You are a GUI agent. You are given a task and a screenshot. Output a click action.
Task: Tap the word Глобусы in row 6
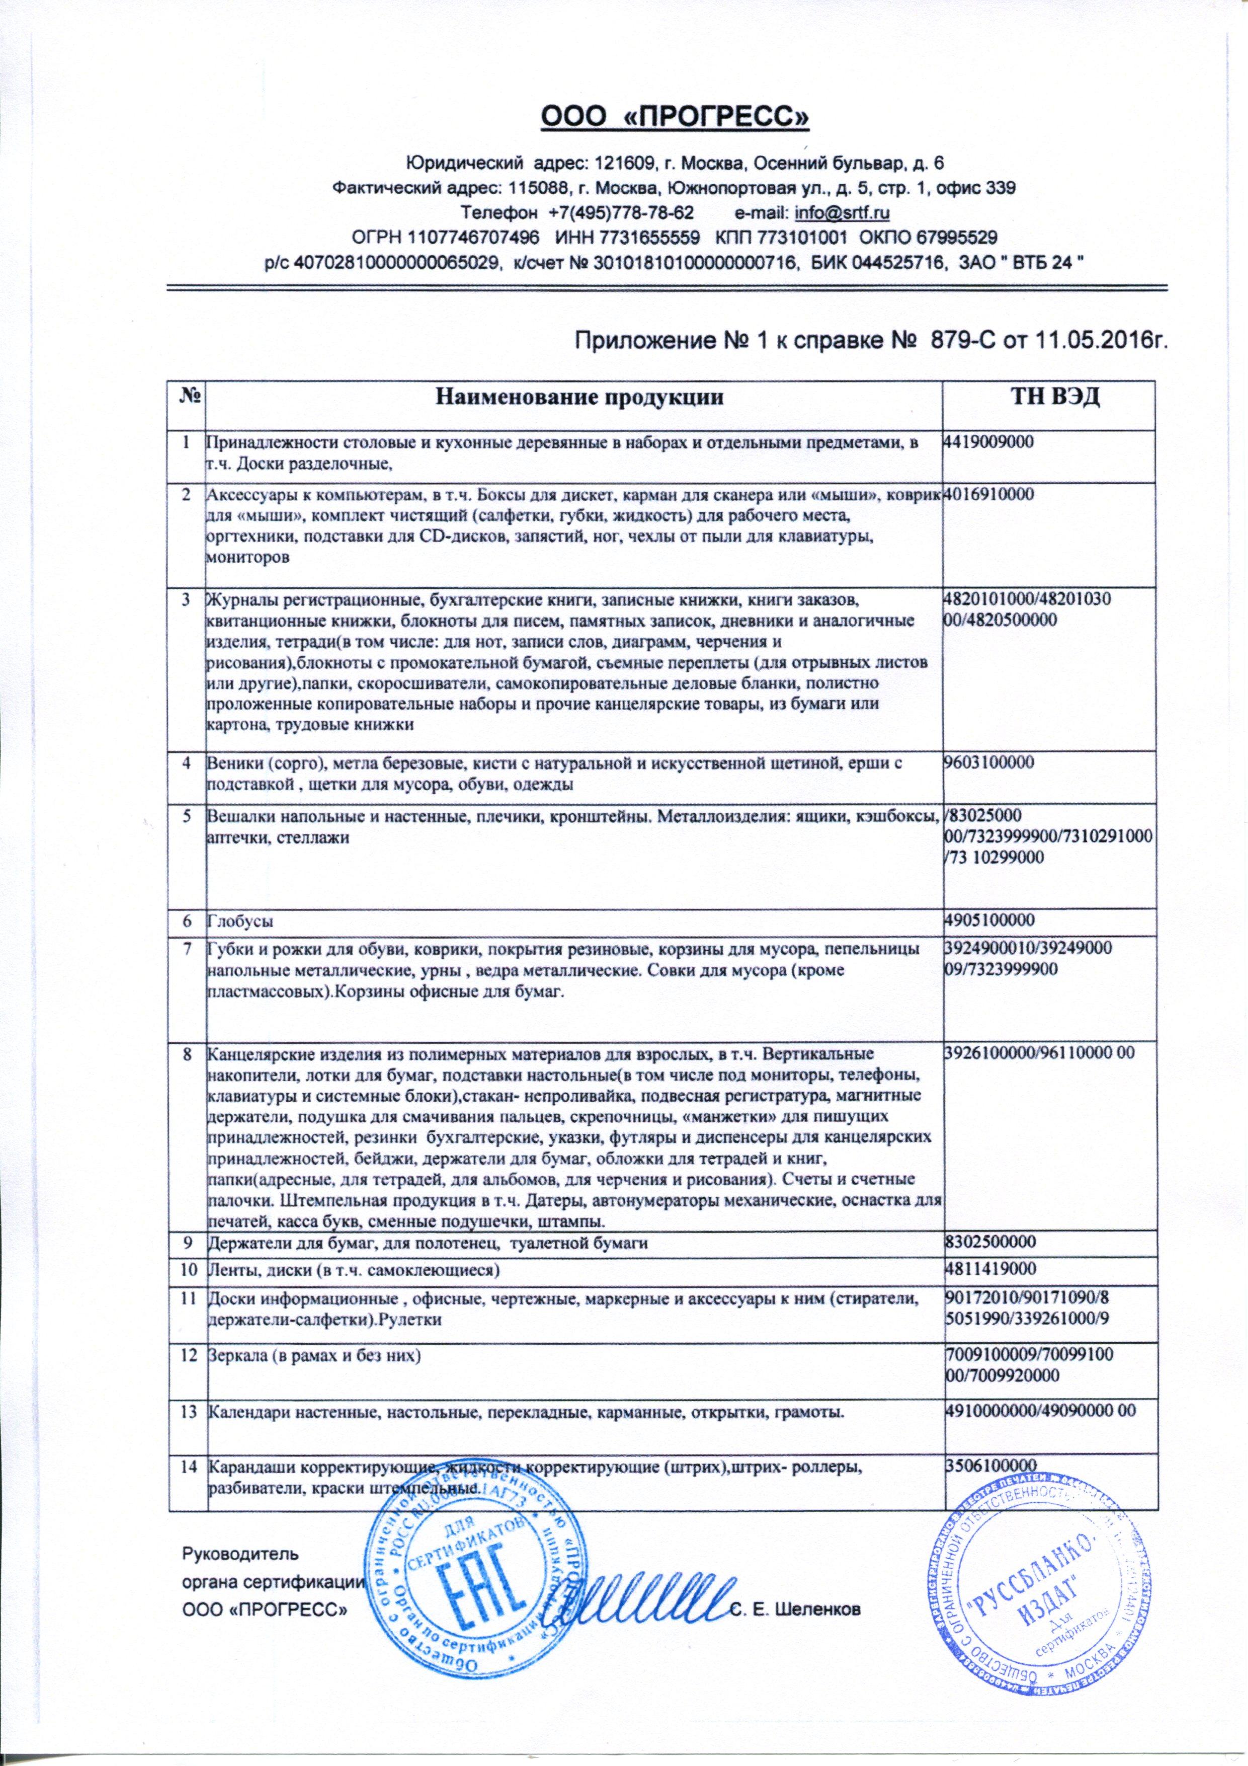(x=240, y=920)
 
